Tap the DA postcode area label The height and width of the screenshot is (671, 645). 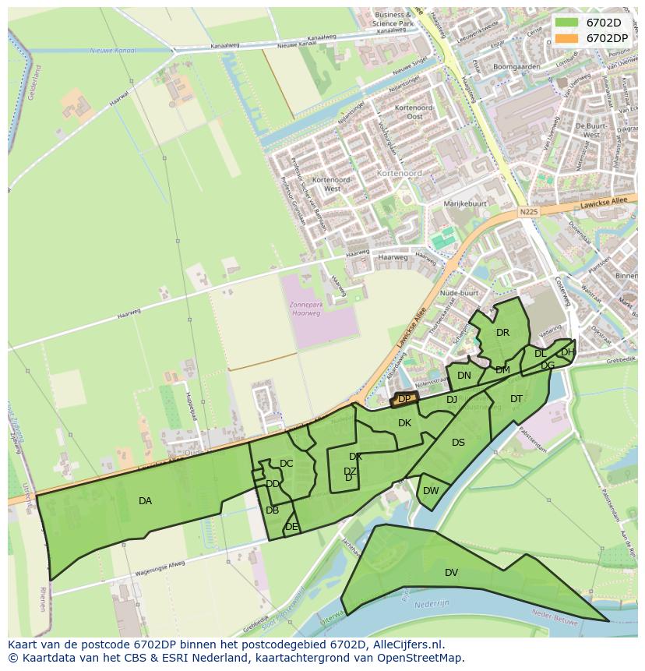coord(145,501)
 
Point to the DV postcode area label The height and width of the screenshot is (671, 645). coord(451,573)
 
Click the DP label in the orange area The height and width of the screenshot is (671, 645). coord(404,399)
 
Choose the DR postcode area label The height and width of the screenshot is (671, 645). coord(502,333)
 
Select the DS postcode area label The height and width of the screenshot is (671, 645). coord(458,443)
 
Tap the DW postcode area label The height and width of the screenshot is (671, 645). coord(431,491)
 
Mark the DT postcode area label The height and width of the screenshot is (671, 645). coord(516,399)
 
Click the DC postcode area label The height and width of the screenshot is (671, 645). coord(286,464)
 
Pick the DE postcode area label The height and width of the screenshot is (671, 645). coord(291,527)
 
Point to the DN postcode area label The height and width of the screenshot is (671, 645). coord(464,376)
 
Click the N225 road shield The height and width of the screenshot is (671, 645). coord(528,211)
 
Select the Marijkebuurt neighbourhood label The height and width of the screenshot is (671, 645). coord(464,204)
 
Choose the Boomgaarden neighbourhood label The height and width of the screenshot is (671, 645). coord(516,67)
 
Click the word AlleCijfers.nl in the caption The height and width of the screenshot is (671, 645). coord(406,645)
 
